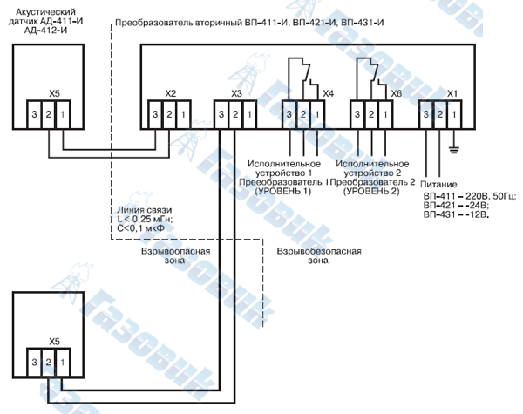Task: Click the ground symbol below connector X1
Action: click(x=453, y=150)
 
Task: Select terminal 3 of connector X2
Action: click(x=155, y=114)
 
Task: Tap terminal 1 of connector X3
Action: click(x=249, y=114)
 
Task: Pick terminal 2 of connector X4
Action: click(x=303, y=114)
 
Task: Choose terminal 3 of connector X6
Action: click(x=357, y=114)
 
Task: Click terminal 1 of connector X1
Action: click(x=454, y=114)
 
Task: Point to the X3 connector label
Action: click(x=236, y=94)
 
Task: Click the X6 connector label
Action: click(x=397, y=93)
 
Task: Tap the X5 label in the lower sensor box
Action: click(x=54, y=342)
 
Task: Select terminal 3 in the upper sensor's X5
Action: click(x=34, y=114)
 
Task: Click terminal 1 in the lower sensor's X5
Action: click(x=63, y=363)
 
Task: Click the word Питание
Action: click(x=438, y=185)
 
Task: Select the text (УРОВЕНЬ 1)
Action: click(x=283, y=191)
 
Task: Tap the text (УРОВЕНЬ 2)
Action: click(x=371, y=191)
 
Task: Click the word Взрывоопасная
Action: click(x=176, y=251)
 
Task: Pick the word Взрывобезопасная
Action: click(x=319, y=251)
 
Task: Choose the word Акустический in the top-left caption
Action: click(x=45, y=12)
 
